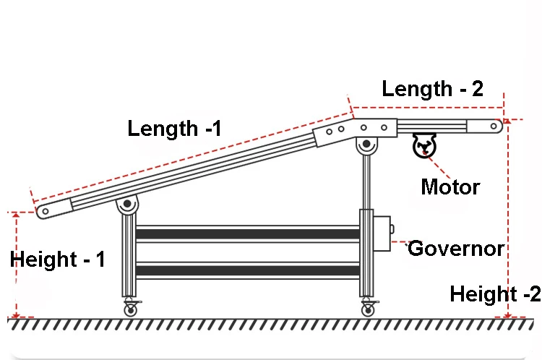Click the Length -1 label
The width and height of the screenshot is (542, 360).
click(x=174, y=129)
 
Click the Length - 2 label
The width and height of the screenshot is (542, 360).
click(x=432, y=89)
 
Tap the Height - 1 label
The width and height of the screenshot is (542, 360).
click(x=58, y=259)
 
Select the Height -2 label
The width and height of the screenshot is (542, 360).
click(x=495, y=294)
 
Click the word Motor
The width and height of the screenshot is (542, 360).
click(x=450, y=187)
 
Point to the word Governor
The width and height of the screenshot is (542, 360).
click(x=456, y=249)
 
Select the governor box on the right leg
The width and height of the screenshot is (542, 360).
click(x=382, y=231)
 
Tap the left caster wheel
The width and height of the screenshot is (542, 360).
click(x=130, y=309)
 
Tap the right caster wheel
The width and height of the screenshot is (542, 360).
click(x=367, y=309)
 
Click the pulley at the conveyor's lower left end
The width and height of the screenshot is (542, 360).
click(x=43, y=211)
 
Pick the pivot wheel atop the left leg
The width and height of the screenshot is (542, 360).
click(x=128, y=207)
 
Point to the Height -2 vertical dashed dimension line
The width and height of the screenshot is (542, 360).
click(x=509, y=217)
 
